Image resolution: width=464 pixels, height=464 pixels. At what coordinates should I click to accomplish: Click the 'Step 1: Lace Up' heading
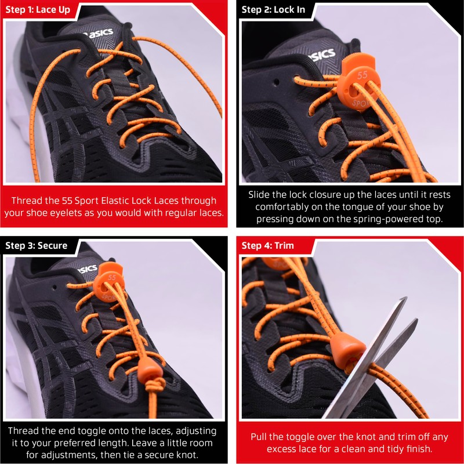pyautogui.click(x=37, y=10)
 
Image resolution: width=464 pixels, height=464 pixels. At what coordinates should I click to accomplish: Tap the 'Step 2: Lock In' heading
pyautogui.click(x=273, y=10)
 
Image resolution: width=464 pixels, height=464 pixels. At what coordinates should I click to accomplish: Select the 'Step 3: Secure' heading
pyautogui.click(x=37, y=245)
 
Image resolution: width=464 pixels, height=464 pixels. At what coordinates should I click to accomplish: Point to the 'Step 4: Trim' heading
pyautogui.click(x=267, y=245)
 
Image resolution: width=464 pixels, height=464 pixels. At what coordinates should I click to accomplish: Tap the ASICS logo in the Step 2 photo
pyautogui.click(x=321, y=55)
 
